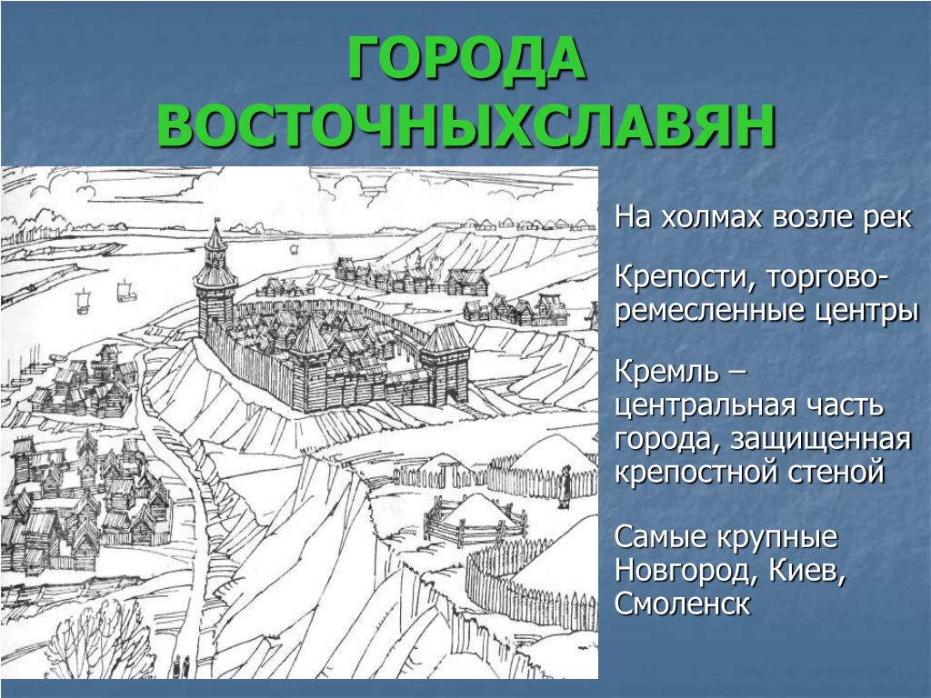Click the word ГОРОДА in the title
point(466,57)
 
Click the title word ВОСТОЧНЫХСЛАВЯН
point(466,125)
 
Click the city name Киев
point(807,571)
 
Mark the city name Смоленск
point(682,603)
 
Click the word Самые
point(660,538)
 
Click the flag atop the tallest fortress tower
point(216,221)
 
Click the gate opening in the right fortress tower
point(451,394)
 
